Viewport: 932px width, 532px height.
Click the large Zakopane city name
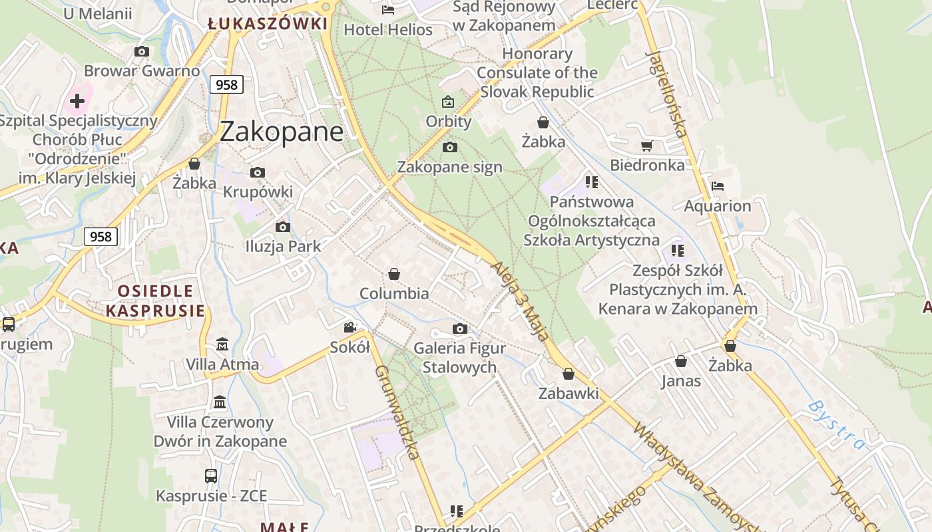(281, 132)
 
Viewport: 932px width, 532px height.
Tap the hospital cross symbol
(77, 101)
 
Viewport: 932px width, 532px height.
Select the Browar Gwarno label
(142, 70)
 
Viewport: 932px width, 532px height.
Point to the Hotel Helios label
(388, 30)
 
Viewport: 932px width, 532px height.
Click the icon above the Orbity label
(448, 102)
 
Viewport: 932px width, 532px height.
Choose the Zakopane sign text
(450, 167)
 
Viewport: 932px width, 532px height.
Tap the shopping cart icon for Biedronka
(646, 146)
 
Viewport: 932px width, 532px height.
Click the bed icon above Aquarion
(717, 186)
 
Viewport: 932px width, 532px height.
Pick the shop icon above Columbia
(394, 274)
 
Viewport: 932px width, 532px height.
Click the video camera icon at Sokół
(349, 327)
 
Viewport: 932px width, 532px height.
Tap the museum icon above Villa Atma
(222, 344)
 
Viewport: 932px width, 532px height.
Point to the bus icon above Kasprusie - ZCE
(210, 476)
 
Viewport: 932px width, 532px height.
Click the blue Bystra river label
(836, 425)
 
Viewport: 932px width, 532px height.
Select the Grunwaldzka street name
(397, 412)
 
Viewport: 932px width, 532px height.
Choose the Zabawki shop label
(569, 393)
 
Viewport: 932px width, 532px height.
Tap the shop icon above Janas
(681, 361)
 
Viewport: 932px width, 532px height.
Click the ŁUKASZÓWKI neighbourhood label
(268, 25)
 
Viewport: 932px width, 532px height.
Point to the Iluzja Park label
(283, 246)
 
